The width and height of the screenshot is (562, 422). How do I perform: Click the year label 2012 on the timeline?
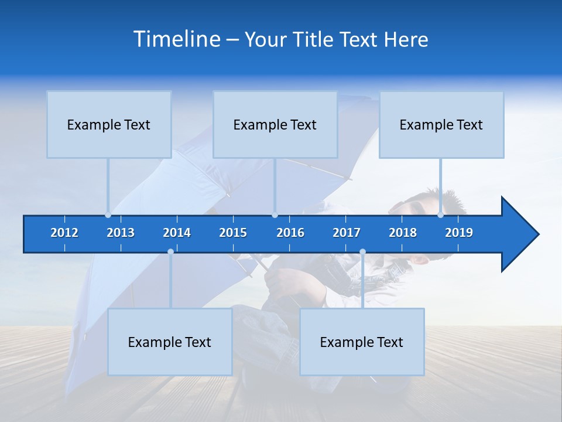(x=64, y=233)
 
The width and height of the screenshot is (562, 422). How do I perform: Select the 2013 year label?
(x=121, y=233)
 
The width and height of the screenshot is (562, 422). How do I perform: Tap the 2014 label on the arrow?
(x=177, y=233)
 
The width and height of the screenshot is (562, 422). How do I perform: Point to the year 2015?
(x=233, y=233)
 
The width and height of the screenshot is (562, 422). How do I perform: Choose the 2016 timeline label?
(x=290, y=233)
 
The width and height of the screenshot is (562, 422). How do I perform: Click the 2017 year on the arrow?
(x=347, y=233)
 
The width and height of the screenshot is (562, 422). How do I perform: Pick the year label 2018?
(x=403, y=233)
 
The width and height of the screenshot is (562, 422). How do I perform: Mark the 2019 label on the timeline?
(x=459, y=233)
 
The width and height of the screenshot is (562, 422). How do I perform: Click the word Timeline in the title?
(x=177, y=39)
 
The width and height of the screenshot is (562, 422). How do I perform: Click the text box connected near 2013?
(x=109, y=124)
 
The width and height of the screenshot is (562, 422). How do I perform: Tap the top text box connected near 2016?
(x=275, y=124)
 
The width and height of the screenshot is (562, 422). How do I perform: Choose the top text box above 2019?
(x=441, y=124)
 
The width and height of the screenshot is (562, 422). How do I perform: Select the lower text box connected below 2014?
(x=170, y=342)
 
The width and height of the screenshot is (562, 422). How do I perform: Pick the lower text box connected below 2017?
(x=362, y=342)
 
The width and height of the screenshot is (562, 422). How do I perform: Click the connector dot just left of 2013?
(x=108, y=215)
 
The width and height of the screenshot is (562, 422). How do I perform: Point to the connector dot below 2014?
(x=170, y=251)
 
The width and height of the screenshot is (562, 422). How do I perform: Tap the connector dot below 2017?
(x=362, y=251)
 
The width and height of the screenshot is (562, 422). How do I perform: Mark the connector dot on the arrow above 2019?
(x=440, y=215)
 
